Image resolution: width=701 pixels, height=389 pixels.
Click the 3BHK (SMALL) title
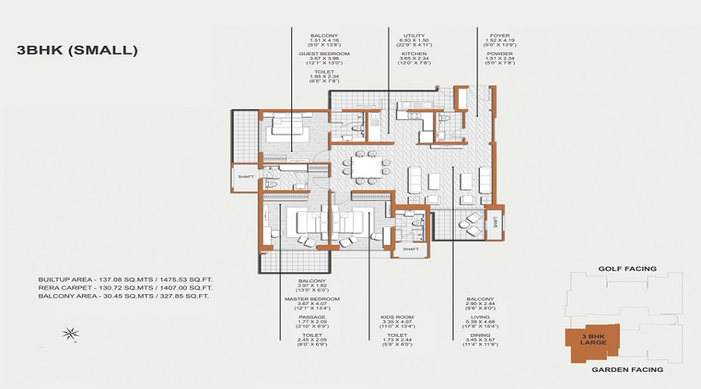coord(77,51)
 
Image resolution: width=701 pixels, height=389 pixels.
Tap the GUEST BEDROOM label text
coord(324,54)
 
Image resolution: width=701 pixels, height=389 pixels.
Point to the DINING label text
coord(480,336)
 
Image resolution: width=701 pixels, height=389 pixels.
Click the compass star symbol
coord(72,335)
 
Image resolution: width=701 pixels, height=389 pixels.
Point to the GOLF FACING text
coord(627,268)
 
